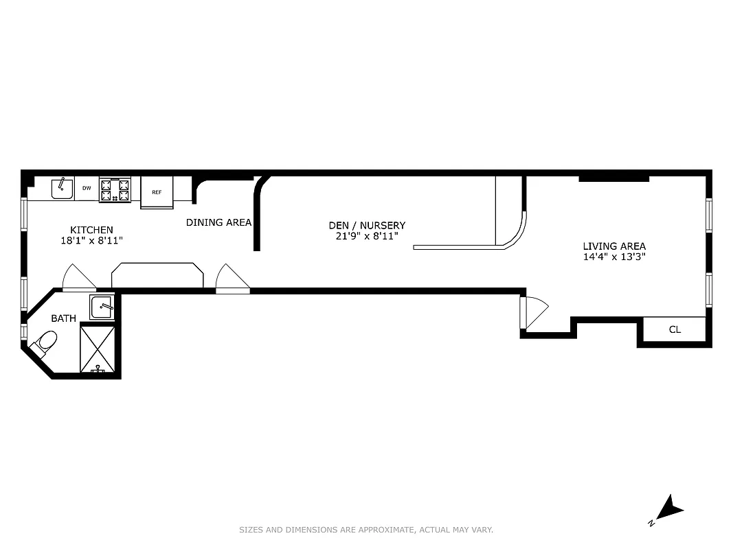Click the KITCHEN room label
coord(91,230)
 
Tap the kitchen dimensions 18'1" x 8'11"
coord(91,241)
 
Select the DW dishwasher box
coord(87,188)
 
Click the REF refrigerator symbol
coord(157,192)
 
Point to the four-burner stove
coord(115,189)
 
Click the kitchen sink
coord(63,188)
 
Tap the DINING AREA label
coord(218,222)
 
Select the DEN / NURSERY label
coord(367,225)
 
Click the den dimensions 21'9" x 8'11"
coord(367,236)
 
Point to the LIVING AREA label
coord(614,246)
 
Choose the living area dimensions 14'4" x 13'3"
coord(614,257)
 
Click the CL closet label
coord(675,329)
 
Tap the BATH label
coord(63,318)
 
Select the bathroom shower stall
coord(98,349)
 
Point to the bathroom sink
coord(102,307)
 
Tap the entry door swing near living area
coord(534,313)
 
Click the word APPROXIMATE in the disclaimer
coord(383,530)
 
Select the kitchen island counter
coord(157,275)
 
